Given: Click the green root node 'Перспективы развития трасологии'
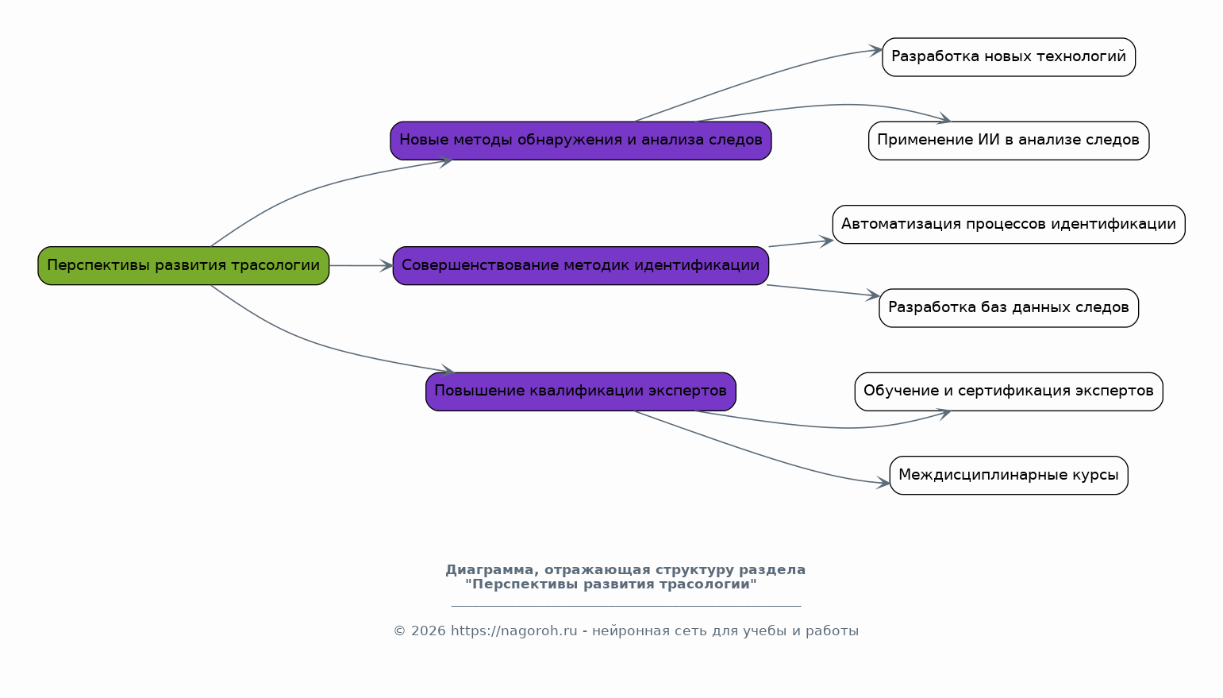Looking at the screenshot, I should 183,265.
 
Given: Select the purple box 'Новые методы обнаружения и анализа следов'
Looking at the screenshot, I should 580,141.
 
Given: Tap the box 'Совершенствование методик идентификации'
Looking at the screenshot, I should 580,265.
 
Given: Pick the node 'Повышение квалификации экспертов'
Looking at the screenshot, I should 580,391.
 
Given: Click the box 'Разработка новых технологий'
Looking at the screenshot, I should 1008,57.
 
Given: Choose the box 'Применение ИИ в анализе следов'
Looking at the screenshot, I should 1008,141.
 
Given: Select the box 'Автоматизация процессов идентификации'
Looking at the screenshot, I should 1008,225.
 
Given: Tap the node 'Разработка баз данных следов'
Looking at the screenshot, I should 1008,308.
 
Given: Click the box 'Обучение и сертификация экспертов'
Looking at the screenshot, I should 1008,391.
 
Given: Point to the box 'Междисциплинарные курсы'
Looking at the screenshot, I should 1008,476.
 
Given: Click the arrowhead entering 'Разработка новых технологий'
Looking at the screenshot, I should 876,50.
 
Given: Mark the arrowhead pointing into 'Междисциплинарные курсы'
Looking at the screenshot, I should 883,483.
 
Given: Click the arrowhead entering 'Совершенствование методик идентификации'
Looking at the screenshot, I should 387,266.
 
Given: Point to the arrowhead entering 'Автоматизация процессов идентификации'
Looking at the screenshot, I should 827,241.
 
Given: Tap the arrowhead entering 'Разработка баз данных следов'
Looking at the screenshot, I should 874,295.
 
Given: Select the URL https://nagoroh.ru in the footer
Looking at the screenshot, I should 513,631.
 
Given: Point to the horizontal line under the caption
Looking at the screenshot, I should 626,606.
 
